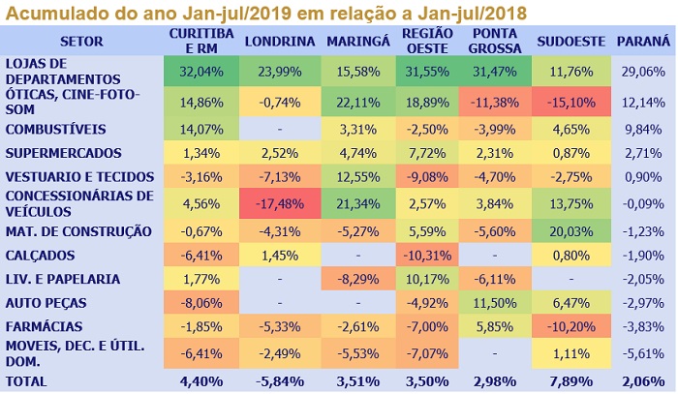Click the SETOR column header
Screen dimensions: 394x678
pos(81,42)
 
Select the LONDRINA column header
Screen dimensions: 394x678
pos(279,42)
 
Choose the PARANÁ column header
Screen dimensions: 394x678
pos(643,42)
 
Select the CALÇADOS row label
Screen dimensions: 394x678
pos(41,256)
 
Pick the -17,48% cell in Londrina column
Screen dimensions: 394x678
pos(279,202)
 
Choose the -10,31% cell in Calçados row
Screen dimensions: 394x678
pos(426,256)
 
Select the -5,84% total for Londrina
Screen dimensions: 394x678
pos(279,380)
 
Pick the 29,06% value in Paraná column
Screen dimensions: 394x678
pos(643,72)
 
